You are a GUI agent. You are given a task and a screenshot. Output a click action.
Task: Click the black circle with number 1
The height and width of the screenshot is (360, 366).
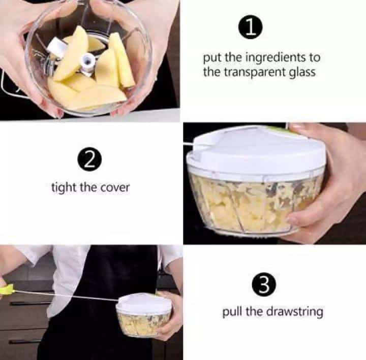(251, 27)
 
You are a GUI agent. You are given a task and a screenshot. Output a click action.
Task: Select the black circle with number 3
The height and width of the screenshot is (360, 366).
(264, 284)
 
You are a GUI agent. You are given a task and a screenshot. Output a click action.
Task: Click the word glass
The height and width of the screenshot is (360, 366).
(302, 72)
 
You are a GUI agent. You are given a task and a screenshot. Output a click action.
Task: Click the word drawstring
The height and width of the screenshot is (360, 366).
(294, 311)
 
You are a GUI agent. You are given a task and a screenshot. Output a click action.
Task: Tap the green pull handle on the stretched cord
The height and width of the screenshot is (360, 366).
(7, 289)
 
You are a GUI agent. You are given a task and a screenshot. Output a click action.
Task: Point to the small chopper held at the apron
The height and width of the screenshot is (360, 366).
(143, 315)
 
